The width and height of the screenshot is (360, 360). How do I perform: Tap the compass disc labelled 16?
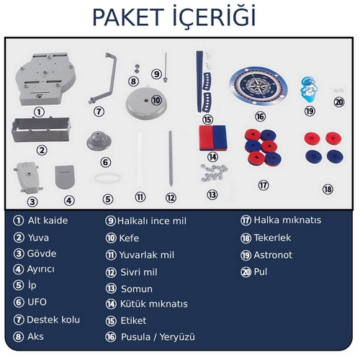click(x=258, y=86)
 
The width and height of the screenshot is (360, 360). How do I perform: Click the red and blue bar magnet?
click(x=213, y=138)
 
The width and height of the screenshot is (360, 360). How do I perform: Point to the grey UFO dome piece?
click(x=99, y=140)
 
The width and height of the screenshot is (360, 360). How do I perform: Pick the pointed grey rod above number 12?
click(x=171, y=158)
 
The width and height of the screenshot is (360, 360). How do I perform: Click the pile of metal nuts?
click(x=214, y=173)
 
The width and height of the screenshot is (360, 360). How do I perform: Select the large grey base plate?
click(x=45, y=79)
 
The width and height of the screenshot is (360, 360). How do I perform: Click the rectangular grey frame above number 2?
click(x=41, y=129)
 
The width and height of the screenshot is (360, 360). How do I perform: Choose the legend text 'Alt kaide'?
click(x=48, y=220)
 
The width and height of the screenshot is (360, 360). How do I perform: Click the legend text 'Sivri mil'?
click(x=139, y=272)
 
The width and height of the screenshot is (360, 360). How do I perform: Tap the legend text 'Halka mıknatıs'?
click(x=287, y=220)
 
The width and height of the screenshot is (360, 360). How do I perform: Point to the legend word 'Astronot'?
click(x=273, y=255)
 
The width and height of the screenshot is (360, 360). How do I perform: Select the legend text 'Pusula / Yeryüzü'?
click(x=158, y=337)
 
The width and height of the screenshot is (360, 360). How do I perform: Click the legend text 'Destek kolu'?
click(x=53, y=320)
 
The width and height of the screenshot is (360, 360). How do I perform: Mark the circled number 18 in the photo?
click(x=328, y=189)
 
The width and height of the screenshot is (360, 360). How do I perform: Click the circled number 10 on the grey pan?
click(x=156, y=100)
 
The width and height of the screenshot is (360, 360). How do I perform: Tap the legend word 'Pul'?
click(x=261, y=272)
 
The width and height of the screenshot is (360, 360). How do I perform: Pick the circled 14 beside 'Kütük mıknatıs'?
click(x=111, y=304)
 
